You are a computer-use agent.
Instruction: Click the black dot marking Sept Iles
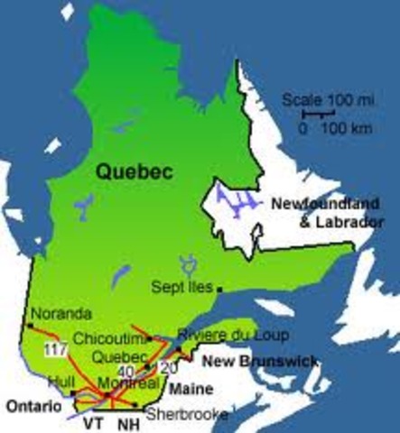click(219, 288)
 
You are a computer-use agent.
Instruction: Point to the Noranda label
click(62, 313)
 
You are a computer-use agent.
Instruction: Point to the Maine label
click(193, 390)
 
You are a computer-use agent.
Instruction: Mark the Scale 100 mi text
click(317, 98)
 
